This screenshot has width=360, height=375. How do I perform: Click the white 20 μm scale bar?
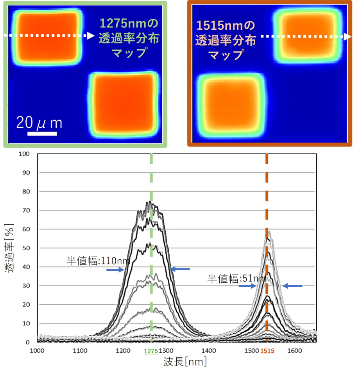click(42, 133)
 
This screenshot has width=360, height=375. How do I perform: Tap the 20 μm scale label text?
click(39, 123)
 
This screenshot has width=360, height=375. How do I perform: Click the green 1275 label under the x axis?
click(151, 351)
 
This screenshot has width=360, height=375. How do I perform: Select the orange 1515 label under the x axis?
click(267, 351)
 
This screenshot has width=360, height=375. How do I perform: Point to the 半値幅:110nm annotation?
click(92, 261)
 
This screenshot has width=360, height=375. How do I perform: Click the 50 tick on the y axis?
click(26, 248)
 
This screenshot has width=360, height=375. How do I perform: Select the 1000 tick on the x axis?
click(38, 351)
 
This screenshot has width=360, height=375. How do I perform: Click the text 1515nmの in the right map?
click(226, 27)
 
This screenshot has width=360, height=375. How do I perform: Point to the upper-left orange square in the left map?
click(47, 37)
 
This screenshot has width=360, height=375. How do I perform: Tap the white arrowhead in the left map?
click(91, 36)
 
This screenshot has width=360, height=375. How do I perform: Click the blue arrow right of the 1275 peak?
click(180, 269)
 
